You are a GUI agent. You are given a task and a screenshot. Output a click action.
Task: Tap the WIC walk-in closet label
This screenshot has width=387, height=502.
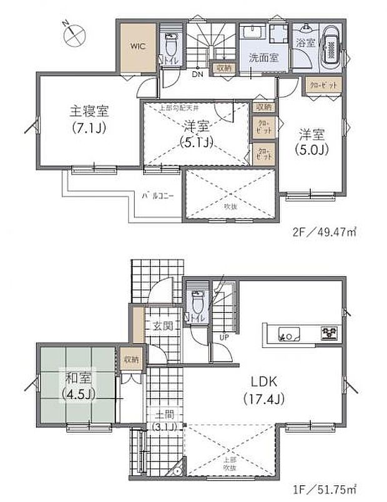tap(137, 46)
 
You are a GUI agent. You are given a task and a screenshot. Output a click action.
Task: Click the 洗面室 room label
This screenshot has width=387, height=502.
tap(263, 58)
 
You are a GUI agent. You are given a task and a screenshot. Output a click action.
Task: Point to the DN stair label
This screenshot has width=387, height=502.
tap(197, 75)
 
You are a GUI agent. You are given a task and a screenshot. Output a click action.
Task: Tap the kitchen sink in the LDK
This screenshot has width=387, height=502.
tap(289, 334)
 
